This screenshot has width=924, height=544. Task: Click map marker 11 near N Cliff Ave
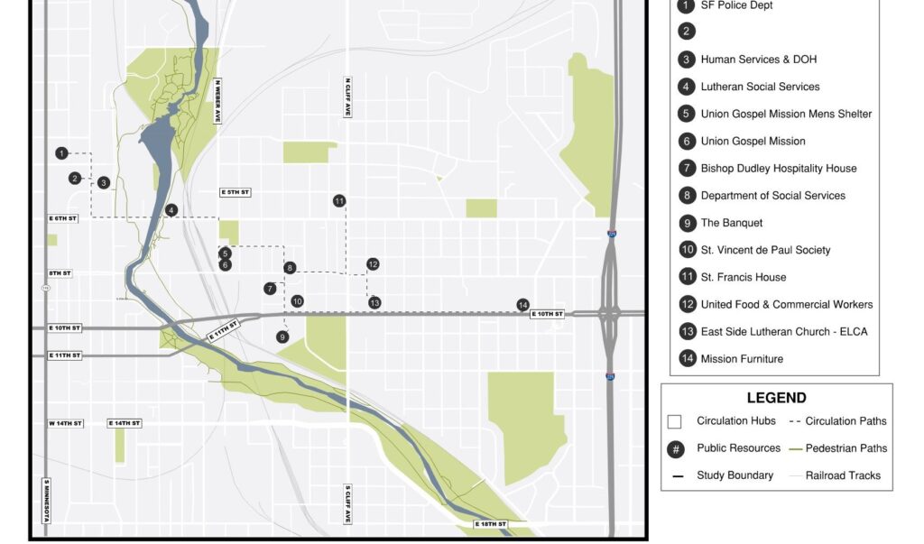pyautogui.click(x=339, y=200)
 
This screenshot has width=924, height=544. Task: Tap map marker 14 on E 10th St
pyautogui.click(x=522, y=304)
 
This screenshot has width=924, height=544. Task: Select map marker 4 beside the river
pyautogui.click(x=171, y=210)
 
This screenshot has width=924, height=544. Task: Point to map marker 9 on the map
pyautogui.click(x=282, y=337)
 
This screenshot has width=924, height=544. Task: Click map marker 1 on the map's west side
pyautogui.click(x=61, y=153)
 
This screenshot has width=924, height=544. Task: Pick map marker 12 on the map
pyautogui.click(x=373, y=264)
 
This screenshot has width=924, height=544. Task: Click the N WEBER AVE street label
pyautogui.click(x=217, y=100)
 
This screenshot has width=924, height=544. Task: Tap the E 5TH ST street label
pyautogui.click(x=235, y=192)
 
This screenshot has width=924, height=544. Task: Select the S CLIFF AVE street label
pyautogui.click(x=346, y=503)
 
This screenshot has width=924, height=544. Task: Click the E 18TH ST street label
pyautogui.click(x=491, y=524)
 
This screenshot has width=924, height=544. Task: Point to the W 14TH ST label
pyautogui.click(x=65, y=423)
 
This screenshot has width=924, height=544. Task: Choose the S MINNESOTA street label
pyautogui.click(x=46, y=501)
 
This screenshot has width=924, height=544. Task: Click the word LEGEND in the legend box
pyautogui.click(x=776, y=398)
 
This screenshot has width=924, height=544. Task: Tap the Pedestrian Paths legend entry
pyautogui.click(x=845, y=448)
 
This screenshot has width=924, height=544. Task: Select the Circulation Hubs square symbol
pyautogui.click(x=674, y=421)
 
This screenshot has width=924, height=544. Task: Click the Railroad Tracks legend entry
pyautogui.click(x=843, y=475)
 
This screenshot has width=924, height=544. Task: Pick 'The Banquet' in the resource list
pyautogui.click(x=732, y=223)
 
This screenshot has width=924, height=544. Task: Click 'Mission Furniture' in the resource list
pyautogui.click(x=742, y=359)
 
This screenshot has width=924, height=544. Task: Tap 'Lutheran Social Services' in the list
pyautogui.click(x=760, y=87)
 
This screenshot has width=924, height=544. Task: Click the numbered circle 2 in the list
pyautogui.click(x=688, y=32)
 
